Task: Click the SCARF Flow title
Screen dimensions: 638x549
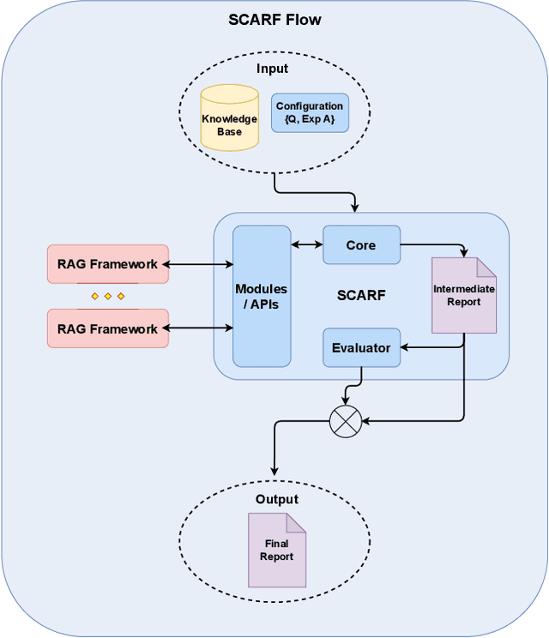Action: coord(274,20)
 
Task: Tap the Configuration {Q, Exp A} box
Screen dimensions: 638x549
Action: coord(310,112)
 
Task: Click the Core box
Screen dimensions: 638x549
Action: coord(361,245)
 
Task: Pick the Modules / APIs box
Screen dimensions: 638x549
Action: coord(262,296)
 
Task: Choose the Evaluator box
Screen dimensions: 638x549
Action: coord(361,348)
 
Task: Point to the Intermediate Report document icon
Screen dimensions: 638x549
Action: coord(464,295)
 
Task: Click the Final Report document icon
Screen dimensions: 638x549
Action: coord(277,550)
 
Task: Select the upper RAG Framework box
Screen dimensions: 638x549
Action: coord(108,264)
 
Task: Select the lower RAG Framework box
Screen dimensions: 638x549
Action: coord(108,328)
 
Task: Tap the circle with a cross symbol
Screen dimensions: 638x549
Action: coord(346,421)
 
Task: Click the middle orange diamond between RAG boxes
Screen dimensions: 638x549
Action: coord(108,296)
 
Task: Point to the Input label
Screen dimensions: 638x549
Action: coord(273,69)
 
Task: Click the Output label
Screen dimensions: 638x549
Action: coord(276,499)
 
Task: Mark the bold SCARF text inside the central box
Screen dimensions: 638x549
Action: coord(361,296)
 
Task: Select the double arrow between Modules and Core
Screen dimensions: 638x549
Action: coord(306,245)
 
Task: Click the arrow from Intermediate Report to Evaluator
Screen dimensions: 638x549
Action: coord(433,348)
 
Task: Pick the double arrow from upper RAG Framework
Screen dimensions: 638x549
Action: coord(201,264)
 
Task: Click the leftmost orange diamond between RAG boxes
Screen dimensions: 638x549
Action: coord(95,296)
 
